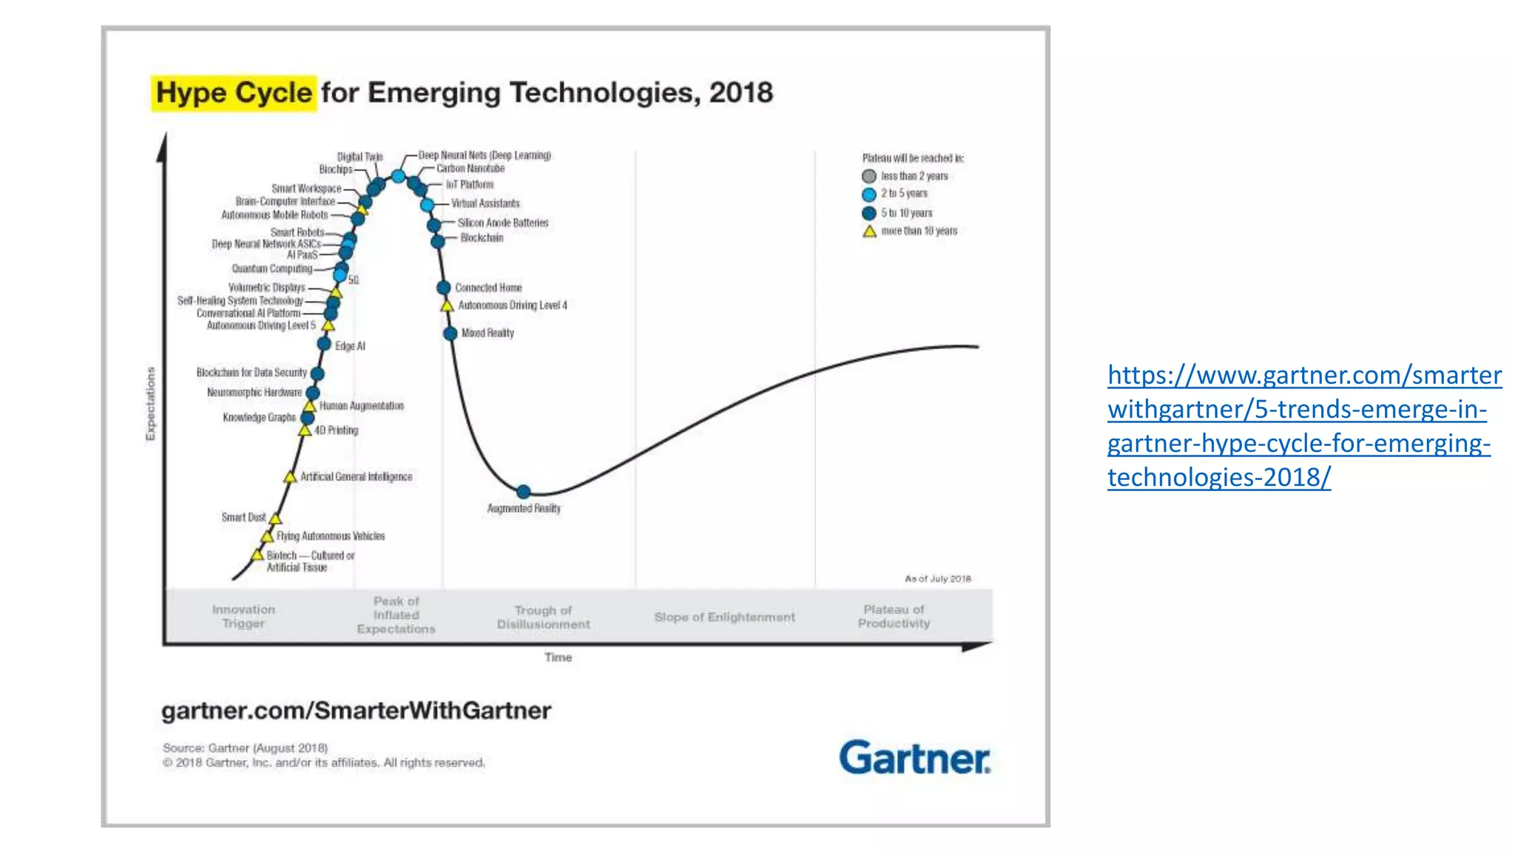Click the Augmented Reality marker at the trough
click(x=523, y=492)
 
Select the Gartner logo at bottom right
click(x=914, y=757)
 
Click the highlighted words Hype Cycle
click(x=234, y=93)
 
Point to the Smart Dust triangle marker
click(x=275, y=518)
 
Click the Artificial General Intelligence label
click(x=356, y=477)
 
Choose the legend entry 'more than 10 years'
click(x=918, y=231)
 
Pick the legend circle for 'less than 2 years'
click(x=869, y=176)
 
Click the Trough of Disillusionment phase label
click(x=543, y=617)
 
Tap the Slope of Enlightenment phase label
click(x=724, y=617)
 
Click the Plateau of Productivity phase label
click(x=894, y=616)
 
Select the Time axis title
click(x=558, y=657)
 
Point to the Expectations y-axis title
click(x=151, y=404)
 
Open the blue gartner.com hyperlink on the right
click(x=1303, y=426)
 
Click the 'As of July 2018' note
click(x=937, y=578)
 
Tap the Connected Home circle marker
click(x=444, y=288)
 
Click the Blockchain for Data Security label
click(x=251, y=373)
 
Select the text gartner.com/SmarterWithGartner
click(x=356, y=711)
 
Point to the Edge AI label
click(x=350, y=346)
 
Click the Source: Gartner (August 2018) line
click(x=245, y=748)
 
